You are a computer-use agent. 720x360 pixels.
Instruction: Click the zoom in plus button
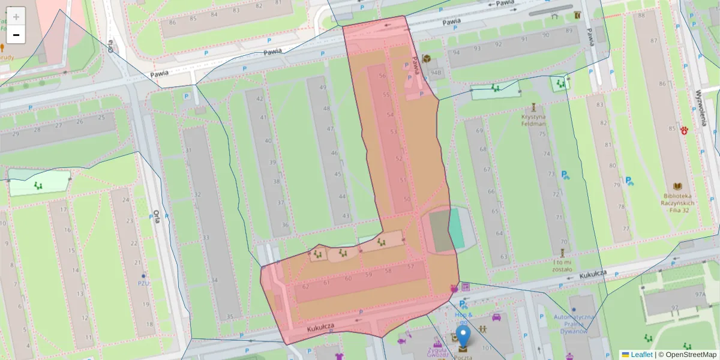point(16,16)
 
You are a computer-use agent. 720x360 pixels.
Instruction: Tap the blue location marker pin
point(463,336)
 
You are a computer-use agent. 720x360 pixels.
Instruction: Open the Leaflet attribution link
point(641,355)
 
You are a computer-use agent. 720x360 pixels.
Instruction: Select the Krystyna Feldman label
point(533,120)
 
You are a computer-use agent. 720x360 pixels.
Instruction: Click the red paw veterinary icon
point(685,130)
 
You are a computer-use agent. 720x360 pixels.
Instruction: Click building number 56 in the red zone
point(382,76)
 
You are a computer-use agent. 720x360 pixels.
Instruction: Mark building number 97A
point(700,295)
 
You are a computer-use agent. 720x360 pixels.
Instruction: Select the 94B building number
point(436,73)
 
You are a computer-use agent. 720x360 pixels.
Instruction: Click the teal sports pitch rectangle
point(457,228)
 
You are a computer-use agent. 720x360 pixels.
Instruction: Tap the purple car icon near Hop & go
point(496,316)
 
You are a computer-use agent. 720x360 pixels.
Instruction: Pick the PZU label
point(143,283)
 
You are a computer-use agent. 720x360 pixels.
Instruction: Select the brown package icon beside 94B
point(426,58)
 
